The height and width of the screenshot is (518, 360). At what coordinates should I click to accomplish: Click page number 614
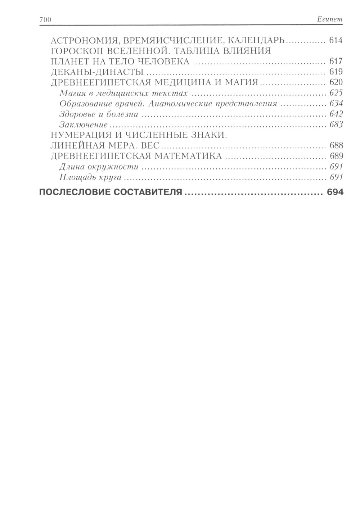click(335, 40)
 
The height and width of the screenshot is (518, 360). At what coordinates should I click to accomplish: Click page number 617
click(335, 61)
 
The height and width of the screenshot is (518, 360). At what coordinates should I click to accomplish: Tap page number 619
click(335, 72)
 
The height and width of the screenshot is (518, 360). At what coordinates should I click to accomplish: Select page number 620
click(335, 82)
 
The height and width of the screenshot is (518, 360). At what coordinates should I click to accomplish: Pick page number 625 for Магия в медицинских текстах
click(336, 93)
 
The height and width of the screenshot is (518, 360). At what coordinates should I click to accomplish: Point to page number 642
click(336, 114)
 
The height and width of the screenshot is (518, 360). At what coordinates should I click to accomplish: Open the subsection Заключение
click(84, 125)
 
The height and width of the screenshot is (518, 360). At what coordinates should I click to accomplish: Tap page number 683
click(336, 125)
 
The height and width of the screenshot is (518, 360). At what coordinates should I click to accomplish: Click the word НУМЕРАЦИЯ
click(80, 135)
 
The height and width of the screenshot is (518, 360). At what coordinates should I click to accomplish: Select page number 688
click(335, 146)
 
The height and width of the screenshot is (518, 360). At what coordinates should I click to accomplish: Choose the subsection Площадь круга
click(90, 177)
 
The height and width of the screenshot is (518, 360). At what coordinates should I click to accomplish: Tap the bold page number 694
click(335, 192)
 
